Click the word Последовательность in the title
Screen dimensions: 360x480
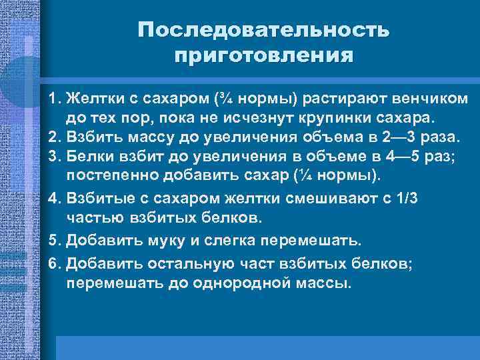[263, 31]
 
